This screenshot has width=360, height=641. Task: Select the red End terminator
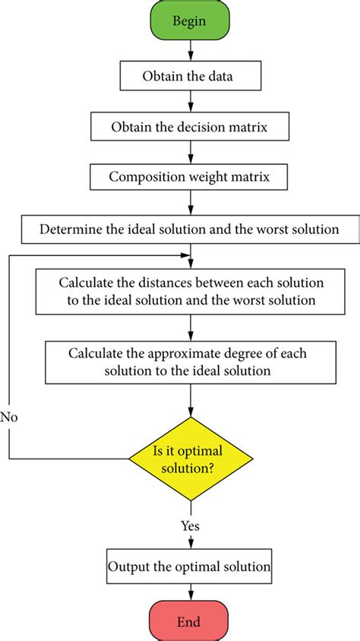point(189,621)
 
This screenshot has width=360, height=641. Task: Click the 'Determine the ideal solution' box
point(190,228)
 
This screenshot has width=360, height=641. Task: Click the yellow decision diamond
point(190,459)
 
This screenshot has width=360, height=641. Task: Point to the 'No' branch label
point(10,417)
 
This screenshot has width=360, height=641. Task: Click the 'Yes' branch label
point(191,525)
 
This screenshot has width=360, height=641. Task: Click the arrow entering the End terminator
point(190,595)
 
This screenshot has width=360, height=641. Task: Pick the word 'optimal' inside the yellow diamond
point(212,453)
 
